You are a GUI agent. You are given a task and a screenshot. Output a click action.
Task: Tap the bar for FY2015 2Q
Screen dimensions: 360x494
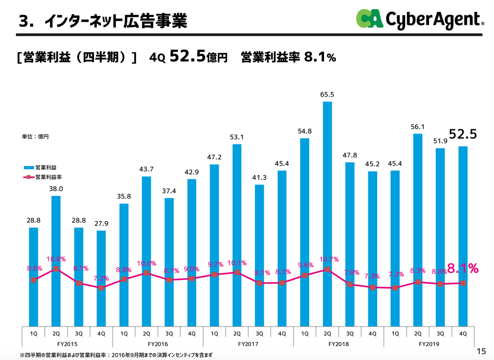click(x=56, y=261)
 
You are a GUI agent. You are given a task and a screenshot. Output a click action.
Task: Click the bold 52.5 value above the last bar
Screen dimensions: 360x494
click(x=462, y=134)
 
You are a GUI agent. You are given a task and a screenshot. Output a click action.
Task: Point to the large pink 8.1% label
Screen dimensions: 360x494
click(x=463, y=268)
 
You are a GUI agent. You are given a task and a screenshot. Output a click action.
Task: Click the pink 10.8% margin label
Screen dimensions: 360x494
click(x=56, y=259)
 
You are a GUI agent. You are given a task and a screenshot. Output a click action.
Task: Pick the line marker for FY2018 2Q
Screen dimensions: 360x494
click(x=327, y=269)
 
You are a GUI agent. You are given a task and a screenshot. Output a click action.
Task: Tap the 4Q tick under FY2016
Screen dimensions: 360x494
click(x=192, y=333)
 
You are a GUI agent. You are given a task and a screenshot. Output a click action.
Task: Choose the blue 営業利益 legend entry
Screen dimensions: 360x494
click(x=42, y=167)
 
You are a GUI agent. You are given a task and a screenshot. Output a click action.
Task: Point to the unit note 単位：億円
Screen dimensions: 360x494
click(x=35, y=136)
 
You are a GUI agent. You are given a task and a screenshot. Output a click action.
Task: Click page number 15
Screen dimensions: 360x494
click(x=481, y=351)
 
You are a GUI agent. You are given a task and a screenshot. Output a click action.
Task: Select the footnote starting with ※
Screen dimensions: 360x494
click(x=116, y=354)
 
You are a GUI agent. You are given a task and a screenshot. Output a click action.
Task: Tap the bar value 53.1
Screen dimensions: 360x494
click(x=237, y=137)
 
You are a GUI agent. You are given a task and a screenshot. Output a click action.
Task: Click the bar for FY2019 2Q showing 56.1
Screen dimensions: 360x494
click(x=418, y=230)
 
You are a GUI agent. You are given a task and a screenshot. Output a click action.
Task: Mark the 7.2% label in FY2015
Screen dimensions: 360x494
click(x=101, y=278)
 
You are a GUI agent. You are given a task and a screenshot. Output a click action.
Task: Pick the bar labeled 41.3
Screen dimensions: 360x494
click(x=259, y=255)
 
